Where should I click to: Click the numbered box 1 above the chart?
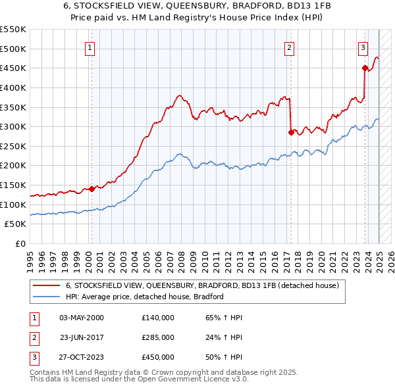[x=89, y=47]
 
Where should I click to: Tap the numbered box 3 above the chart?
[x=363, y=47]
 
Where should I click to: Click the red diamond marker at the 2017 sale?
[x=291, y=132]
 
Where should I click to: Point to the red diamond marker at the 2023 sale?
[x=365, y=67]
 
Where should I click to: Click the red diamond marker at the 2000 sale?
[x=92, y=189]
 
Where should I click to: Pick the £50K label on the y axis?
[x=16, y=224]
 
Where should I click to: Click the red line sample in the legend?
[x=46, y=286]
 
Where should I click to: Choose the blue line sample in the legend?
[x=46, y=297]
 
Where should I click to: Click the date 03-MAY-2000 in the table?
[x=82, y=318]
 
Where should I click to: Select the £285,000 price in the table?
[x=157, y=337]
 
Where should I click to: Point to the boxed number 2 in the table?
[x=34, y=337]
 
